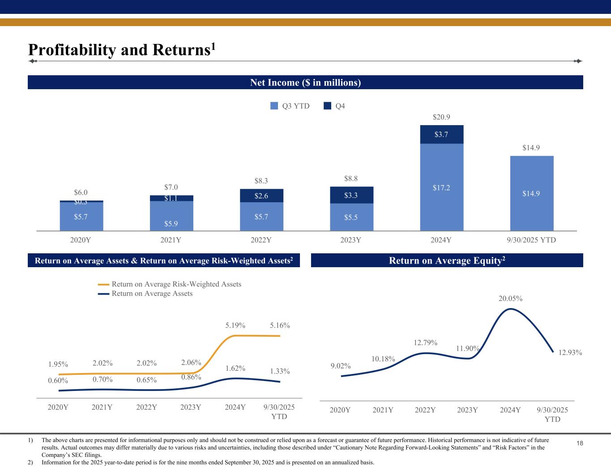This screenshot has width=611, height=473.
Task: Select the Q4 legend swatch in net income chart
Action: point(328,106)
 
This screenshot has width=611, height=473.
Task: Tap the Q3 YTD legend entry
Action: point(290,106)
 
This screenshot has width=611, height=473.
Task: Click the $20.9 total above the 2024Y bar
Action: point(441,117)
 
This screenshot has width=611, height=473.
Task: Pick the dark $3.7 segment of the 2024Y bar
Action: point(441,134)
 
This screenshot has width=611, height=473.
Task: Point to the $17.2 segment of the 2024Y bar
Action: point(441,187)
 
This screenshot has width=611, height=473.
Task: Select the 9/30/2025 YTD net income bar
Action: point(531,193)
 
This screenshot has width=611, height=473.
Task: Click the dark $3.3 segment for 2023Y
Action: point(351,195)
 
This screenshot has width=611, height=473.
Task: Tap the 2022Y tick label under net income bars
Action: point(261,240)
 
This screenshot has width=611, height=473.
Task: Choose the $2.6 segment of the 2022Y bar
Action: point(261,195)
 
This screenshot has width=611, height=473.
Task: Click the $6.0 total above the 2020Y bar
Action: point(81,192)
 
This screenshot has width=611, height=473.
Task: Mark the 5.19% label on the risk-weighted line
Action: point(235,325)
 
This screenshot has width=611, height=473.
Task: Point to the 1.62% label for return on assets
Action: point(235,368)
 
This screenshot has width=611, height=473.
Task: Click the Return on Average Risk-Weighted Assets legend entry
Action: point(170,284)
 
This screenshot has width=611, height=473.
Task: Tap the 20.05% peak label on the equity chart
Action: point(511,299)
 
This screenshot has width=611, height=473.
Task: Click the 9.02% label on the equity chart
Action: point(341,366)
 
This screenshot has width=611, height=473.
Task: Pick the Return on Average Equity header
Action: point(447,260)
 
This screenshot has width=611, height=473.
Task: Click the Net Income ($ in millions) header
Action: point(305,82)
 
